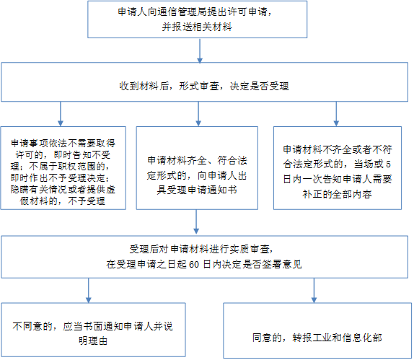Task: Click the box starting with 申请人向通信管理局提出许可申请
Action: pos(197,19)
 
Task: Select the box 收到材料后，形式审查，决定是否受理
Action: pos(204,82)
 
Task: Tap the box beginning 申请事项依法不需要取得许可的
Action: pos(63,168)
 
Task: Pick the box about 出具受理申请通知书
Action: pos(197,168)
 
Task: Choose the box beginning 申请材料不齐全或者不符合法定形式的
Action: pos(338,168)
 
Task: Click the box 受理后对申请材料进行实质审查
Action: pos(204,257)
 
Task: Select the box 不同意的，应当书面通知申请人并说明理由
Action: pos(93,330)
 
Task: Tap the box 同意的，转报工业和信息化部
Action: pos(317,330)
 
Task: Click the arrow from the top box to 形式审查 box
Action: pos(200,51)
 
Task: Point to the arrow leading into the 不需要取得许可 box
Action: pos(61,114)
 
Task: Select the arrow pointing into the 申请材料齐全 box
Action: pos(198,114)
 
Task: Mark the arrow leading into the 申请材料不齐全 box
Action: pos(336,114)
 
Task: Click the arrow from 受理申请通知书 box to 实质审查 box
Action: pos(196,222)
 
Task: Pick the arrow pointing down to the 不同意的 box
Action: pos(89,290)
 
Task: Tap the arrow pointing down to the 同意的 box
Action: pos(314,290)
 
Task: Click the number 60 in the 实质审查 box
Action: pos(194,264)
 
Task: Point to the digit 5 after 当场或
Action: pos(388,164)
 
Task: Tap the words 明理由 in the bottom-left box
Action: pos(93,341)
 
